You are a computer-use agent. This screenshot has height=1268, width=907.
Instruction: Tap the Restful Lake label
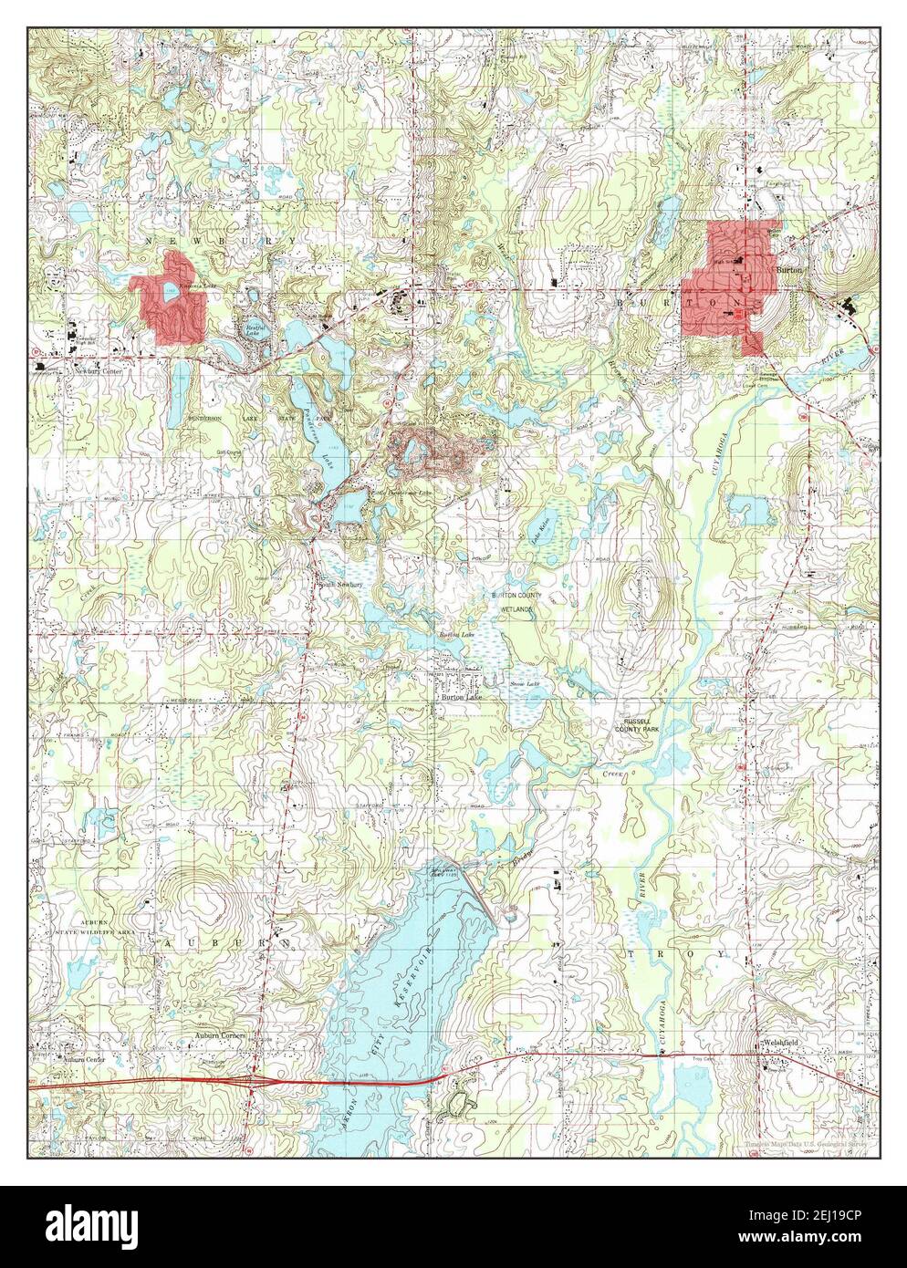[254, 331]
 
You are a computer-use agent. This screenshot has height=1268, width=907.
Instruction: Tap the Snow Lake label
[524, 683]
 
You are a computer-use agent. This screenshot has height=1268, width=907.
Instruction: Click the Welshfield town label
[784, 1043]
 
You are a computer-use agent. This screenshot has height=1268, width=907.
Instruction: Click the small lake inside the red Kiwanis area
[169, 294]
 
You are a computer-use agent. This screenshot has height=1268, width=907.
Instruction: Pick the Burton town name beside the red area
[788, 271]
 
